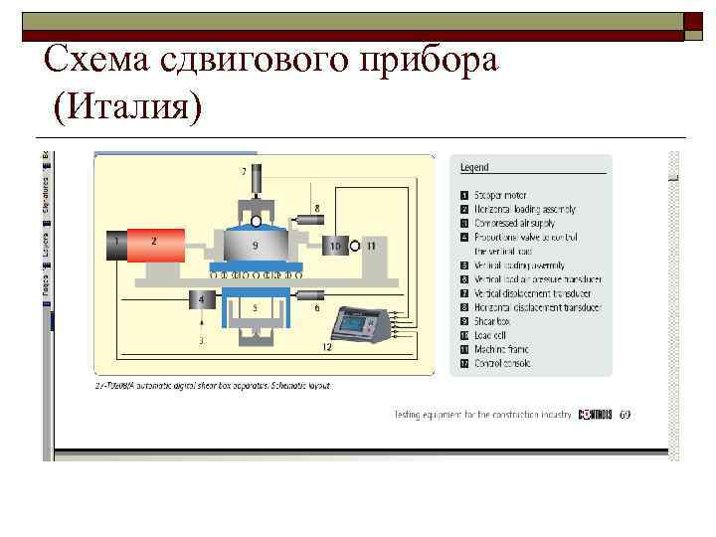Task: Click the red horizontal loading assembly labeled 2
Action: (x=155, y=243)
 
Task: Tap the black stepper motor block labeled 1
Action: (x=116, y=243)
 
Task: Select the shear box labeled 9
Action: (x=256, y=245)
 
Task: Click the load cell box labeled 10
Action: (x=335, y=244)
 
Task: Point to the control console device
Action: (x=361, y=324)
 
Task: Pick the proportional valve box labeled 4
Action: (x=203, y=299)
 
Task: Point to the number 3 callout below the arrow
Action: (x=202, y=340)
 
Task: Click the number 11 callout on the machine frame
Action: (x=371, y=244)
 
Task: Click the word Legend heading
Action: (x=474, y=168)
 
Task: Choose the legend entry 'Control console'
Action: (x=503, y=363)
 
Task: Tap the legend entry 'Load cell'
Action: (x=493, y=335)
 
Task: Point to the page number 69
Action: (x=624, y=414)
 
